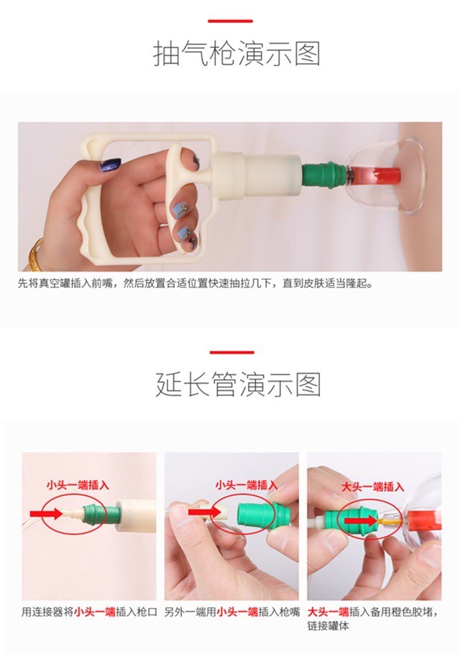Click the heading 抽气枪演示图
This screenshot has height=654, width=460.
(236, 53)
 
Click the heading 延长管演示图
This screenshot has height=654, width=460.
(238, 384)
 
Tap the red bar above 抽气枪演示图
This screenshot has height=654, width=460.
(230, 21)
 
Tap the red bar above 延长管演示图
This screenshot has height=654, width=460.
(232, 352)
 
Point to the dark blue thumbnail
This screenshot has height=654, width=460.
(110, 165)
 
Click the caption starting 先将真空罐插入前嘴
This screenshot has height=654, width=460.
(195, 284)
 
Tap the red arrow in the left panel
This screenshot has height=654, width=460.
(46, 513)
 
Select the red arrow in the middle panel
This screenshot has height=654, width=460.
(204, 512)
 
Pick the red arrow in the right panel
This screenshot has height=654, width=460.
(360, 520)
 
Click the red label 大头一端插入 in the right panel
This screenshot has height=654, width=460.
(373, 487)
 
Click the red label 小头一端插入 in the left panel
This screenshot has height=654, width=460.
(78, 485)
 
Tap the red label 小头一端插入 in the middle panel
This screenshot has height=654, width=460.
(247, 484)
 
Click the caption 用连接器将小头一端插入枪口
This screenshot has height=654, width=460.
(89, 612)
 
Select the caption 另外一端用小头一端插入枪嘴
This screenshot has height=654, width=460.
(232, 612)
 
